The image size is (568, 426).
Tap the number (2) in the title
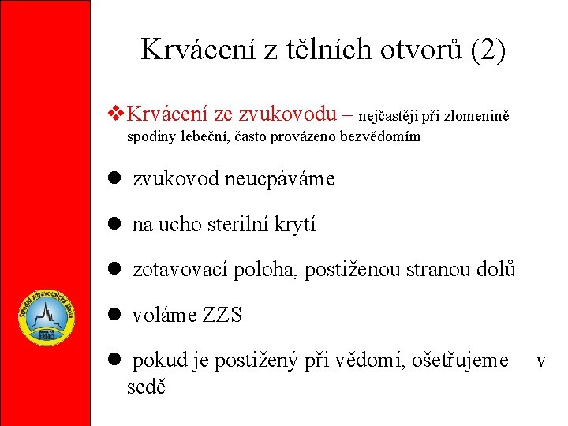pyautogui.click(x=487, y=50)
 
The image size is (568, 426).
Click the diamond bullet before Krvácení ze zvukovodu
pyautogui.click(x=117, y=114)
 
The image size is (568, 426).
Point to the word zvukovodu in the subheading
pyautogui.click(x=296, y=114)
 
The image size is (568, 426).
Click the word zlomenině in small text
pyautogui.click(x=476, y=117)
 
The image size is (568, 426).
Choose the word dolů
pyautogui.click(x=496, y=270)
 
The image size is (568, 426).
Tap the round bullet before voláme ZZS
pyautogui.click(x=114, y=315)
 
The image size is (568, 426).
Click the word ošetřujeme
pyautogui.click(x=465, y=361)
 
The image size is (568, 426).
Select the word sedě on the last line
pyautogui.click(x=146, y=388)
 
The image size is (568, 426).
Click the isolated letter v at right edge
pyautogui.click(x=541, y=361)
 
